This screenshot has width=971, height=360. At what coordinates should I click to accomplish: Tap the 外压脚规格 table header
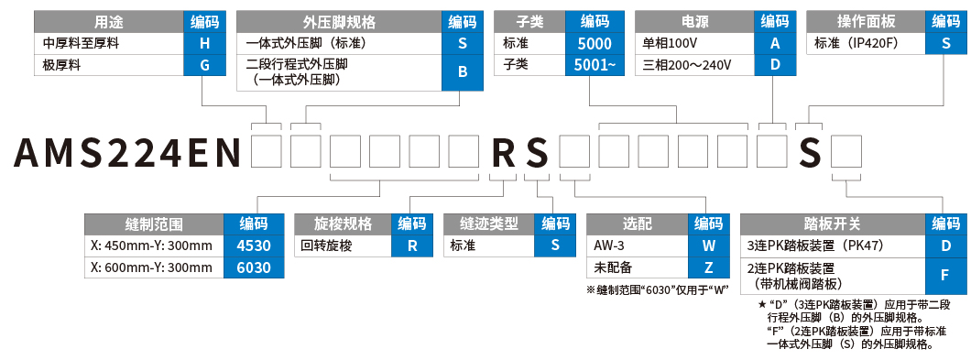click(x=338, y=22)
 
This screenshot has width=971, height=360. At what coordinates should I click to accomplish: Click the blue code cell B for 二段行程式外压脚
click(x=463, y=71)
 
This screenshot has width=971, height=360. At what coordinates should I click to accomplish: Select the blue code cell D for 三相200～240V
click(x=775, y=65)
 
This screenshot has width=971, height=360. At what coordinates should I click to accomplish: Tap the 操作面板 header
click(x=864, y=22)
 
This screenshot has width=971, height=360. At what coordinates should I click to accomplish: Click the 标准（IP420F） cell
click(x=864, y=43)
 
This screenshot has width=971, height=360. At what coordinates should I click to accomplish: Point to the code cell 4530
click(x=254, y=245)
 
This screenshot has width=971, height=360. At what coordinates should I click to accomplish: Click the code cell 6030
click(x=254, y=267)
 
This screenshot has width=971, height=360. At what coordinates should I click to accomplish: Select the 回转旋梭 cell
click(x=343, y=245)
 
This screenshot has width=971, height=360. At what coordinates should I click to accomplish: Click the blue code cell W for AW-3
click(x=709, y=245)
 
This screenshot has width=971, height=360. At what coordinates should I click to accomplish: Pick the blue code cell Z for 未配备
click(x=709, y=267)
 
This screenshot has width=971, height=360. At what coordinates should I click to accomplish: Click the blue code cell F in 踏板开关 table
click(x=945, y=275)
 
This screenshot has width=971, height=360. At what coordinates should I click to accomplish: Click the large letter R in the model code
click(x=505, y=152)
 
